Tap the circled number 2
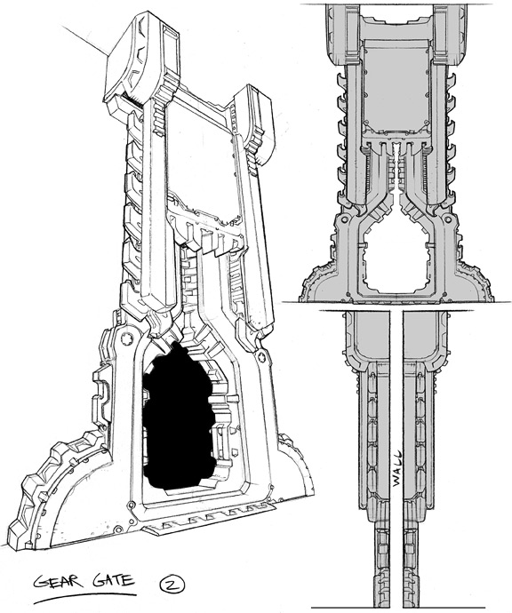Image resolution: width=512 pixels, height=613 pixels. pyautogui.click(x=172, y=585)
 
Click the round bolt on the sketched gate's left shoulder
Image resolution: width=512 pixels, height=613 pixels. pyautogui.click(x=127, y=338)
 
